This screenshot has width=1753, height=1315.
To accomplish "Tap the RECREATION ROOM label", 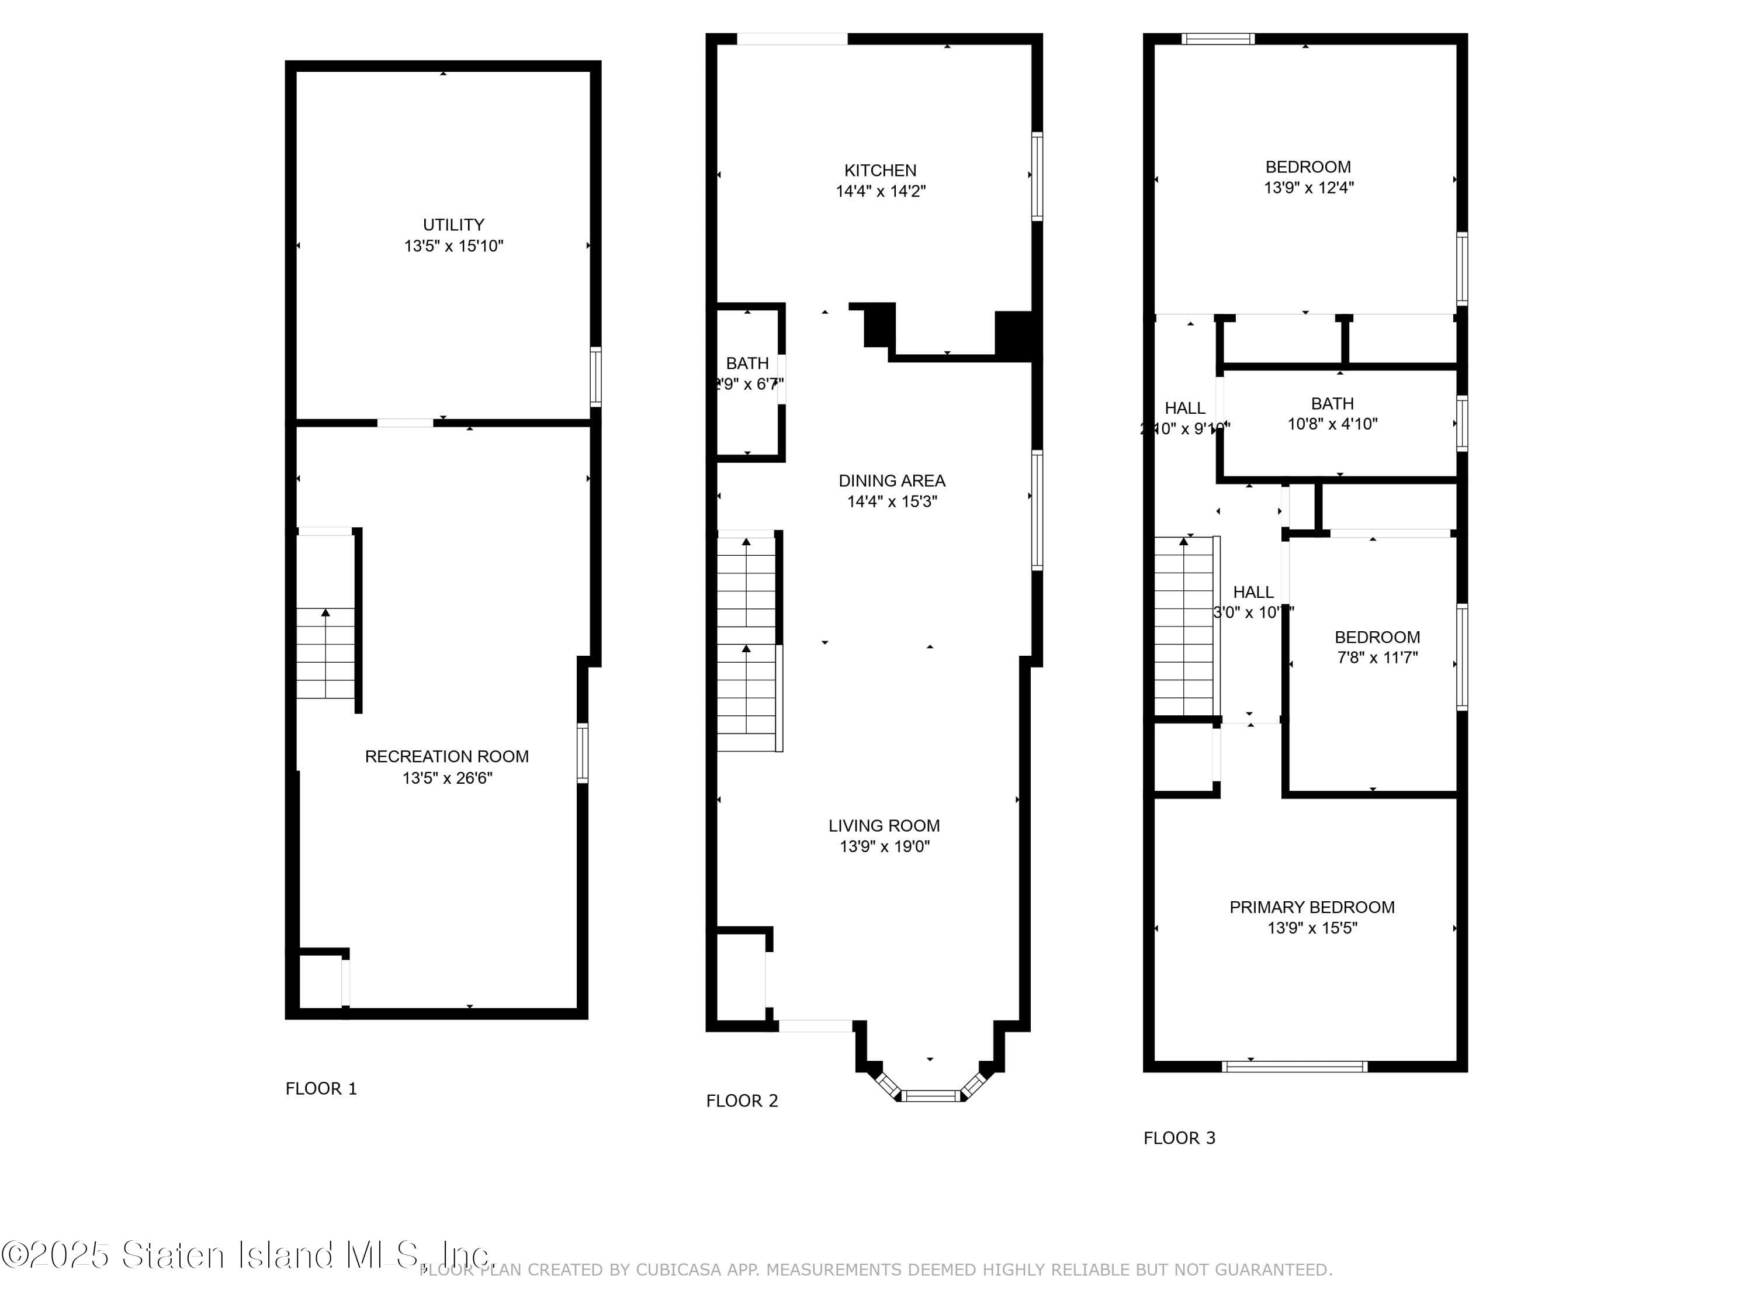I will [446, 756].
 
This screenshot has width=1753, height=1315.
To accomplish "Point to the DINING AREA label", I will [892, 480].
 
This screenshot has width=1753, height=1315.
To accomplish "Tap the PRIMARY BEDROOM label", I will [1312, 907].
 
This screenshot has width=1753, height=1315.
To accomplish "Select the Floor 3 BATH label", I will [1332, 403].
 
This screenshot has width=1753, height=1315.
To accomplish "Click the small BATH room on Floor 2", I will [747, 380].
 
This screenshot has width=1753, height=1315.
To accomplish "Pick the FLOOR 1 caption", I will [321, 1088].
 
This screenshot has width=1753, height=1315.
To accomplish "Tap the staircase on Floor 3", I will [1183, 626].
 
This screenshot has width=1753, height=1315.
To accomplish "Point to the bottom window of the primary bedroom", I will [1294, 1066].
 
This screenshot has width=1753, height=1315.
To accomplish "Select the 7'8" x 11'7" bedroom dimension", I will [1377, 657].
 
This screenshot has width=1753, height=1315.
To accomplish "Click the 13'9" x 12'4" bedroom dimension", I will [1308, 188].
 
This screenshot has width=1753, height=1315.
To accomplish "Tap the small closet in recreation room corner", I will [320, 981].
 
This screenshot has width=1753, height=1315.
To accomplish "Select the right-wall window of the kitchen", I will [1036, 176].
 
